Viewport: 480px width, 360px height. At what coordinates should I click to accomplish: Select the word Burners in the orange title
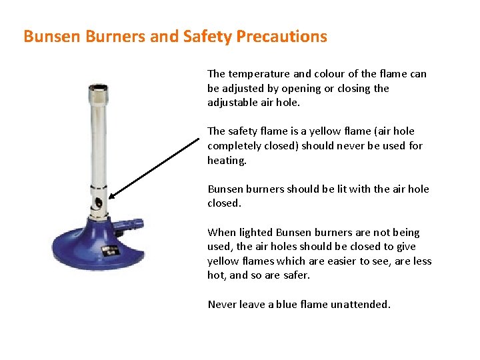[114, 36]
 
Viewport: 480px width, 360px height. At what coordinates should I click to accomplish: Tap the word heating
[227, 161]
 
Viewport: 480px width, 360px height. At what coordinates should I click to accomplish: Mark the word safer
[297, 275]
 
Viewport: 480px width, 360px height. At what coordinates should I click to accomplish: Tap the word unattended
[362, 305]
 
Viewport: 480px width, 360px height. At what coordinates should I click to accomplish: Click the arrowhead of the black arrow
[112, 196]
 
